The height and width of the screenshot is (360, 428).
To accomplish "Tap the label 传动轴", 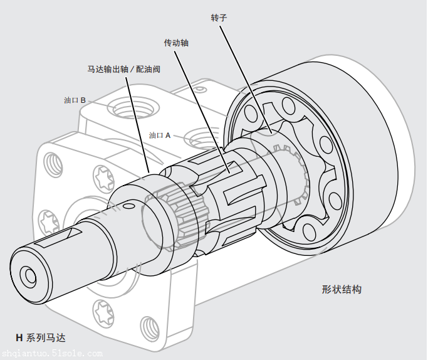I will click(176, 43).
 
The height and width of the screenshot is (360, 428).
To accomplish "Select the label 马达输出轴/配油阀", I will click(123, 69).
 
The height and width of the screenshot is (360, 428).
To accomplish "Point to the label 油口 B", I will click(79, 100).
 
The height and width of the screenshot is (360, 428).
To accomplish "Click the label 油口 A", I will click(160, 135).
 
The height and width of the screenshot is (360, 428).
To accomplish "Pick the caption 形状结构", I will click(342, 290).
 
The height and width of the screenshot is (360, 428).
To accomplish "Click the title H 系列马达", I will click(41, 338).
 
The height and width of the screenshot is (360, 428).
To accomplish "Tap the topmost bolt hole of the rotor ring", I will click(289, 104).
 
